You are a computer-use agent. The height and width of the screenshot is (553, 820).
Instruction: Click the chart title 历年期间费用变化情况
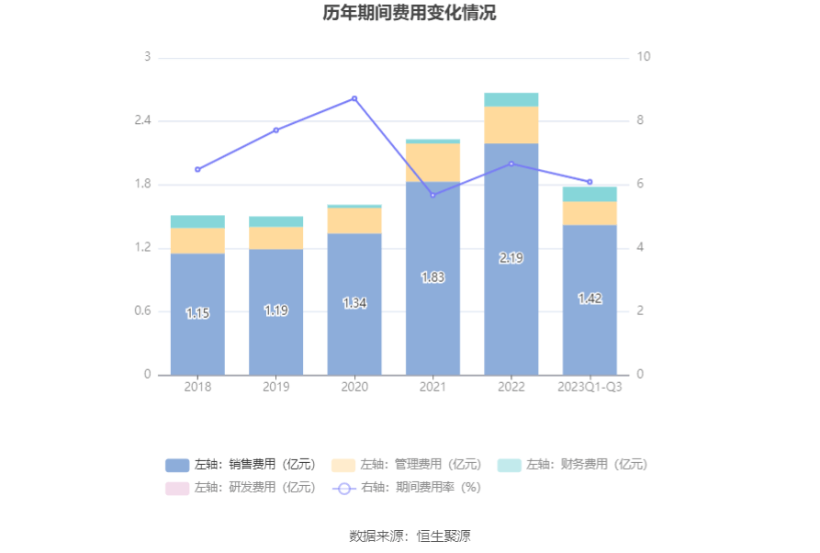(410, 14)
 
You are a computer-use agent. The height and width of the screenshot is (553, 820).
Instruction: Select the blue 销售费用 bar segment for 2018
(197, 313)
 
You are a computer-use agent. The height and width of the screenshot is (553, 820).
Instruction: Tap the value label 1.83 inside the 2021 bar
(433, 277)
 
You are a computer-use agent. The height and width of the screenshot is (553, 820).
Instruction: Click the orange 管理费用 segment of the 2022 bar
(511, 125)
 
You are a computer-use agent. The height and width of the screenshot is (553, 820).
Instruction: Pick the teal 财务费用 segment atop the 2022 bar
(511, 99)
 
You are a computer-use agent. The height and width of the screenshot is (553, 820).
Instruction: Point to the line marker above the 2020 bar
(354, 98)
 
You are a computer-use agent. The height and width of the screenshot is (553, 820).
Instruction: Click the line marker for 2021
(433, 195)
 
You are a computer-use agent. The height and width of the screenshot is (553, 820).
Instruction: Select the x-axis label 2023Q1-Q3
(590, 387)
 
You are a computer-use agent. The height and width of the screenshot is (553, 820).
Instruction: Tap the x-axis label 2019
(276, 387)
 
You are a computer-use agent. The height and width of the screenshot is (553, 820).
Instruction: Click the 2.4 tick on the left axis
(142, 120)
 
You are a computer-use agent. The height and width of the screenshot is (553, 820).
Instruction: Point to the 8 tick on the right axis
(644, 120)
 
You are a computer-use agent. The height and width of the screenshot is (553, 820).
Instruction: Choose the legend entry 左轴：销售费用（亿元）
(241, 465)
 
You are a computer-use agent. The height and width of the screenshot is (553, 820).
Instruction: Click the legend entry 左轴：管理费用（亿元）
(406, 465)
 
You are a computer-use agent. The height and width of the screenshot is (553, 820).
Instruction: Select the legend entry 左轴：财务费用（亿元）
(572, 465)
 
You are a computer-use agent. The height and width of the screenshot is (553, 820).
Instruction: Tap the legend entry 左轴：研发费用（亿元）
(241, 488)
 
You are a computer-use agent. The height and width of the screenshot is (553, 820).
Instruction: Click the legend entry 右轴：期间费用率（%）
(406, 488)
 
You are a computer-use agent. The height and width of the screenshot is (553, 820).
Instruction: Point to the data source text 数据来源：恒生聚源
(410, 536)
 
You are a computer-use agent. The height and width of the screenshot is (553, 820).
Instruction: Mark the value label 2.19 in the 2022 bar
(511, 258)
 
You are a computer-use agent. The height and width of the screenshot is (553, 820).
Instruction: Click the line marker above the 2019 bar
(276, 130)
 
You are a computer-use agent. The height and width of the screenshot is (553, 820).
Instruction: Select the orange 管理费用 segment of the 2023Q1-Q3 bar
(590, 213)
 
